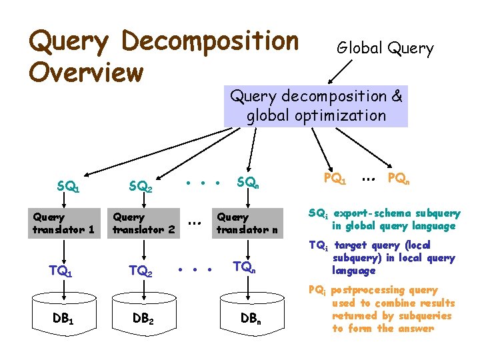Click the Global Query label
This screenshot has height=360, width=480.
click(385, 49)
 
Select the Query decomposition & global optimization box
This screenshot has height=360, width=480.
click(316, 106)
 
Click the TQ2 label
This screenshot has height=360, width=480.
click(141, 271)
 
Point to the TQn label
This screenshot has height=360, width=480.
click(244, 267)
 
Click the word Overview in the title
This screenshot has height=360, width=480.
click(86, 71)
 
